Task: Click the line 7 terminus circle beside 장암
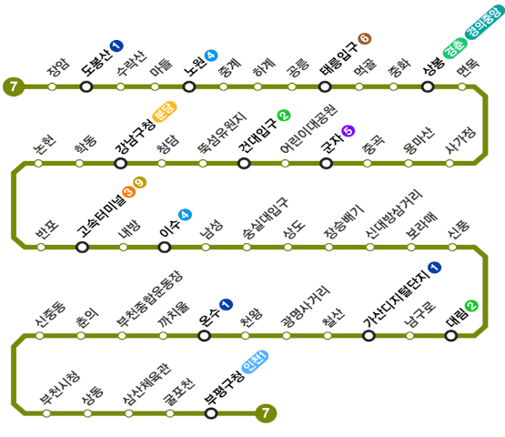click(x=14, y=86)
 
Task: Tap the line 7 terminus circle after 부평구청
click(x=266, y=412)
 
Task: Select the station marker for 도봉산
click(x=86, y=86)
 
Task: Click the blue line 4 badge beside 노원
click(x=211, y=56)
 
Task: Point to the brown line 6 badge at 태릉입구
click(x=365, y=39)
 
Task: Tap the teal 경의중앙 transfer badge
click(x=484, y=21)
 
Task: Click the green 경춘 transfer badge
click(x=455, y=48)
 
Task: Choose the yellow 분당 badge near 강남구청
click(x=165, y=112)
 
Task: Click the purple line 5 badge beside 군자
click(x=348, y=131)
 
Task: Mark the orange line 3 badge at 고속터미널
click(x=128, y=192)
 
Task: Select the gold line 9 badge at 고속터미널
click(x=140, y=183)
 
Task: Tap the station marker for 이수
click(x=165, y=248)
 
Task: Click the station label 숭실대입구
click(x=266, y=218)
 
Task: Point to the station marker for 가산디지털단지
click(x=369, y=336)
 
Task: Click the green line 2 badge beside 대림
click(x=471, y=306)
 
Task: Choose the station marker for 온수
click(x=204, y=336)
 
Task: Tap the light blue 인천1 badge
click(x=255, y=361)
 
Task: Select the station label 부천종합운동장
click(x=150, y=299)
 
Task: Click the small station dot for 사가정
click(x=449, y=163)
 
